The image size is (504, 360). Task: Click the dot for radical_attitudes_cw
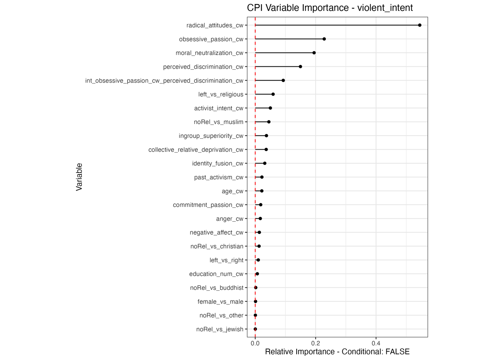[x=420, y=25]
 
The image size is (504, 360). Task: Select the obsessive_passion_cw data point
[x=324, y=39]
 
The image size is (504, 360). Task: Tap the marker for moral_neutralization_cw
[x=314, y=53]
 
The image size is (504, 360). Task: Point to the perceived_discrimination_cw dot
[x=300, y=67]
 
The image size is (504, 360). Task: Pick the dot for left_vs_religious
[x=273, y=94]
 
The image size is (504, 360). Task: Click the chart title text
[x=330, y=8]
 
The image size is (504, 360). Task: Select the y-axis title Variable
[x=79, y=177]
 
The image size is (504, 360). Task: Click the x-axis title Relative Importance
[x=337, y=352]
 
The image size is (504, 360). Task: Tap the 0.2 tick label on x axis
[x=315, y=343]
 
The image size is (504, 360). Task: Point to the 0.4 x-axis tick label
[x=376, y=343]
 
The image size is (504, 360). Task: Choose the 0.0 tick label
[x=255, y=343]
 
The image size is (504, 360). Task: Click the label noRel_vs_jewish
[x=220, y=329]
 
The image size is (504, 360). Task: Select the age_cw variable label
[x=232, y=191]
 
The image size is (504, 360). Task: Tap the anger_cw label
[x=229, y=219]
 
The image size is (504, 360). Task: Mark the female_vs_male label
[x=220, y=301]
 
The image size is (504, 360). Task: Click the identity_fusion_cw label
[x=217, y=163]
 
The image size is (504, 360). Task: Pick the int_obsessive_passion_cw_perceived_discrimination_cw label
[x=164, y=81]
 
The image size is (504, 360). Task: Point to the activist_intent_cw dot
[x=270, y=108]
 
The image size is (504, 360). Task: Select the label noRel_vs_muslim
[x=219, y=122]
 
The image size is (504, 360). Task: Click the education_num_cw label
[x=216, y=274]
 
